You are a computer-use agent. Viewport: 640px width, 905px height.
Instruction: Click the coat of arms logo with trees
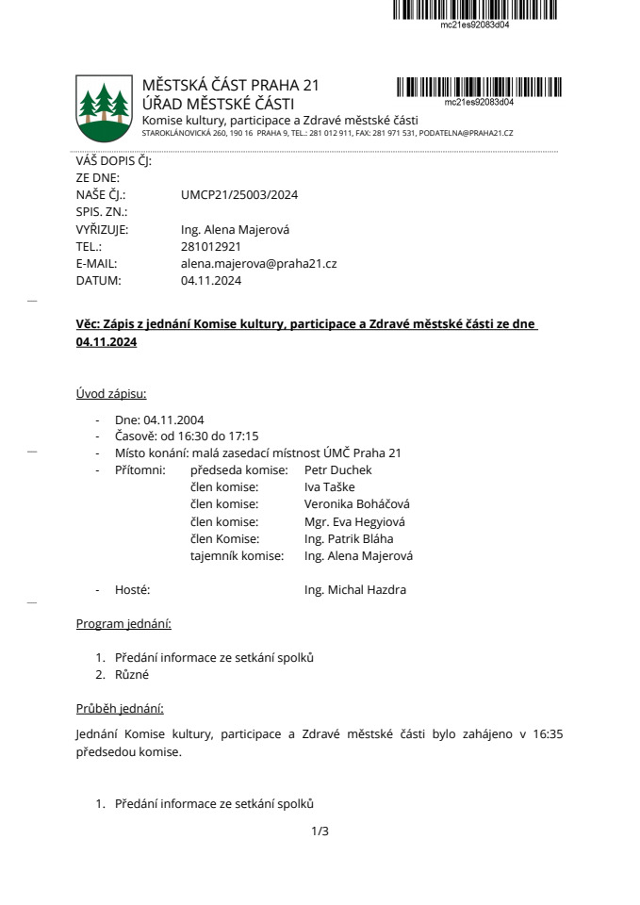(x=103, y=106)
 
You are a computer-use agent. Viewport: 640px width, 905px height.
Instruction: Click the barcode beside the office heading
(x=478, y=88)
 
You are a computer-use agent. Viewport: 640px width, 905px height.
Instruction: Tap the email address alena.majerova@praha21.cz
(x=258, y=263)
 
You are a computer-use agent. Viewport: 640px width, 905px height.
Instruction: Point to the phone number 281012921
(x=211, y=246)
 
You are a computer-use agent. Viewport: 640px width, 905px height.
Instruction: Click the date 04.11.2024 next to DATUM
(x=211, y=280)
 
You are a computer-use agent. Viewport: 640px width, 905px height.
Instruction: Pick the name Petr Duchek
(x=338, y=469)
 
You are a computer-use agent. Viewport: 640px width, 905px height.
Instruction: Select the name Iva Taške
(x=330, y=486)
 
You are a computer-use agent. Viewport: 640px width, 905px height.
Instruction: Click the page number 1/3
(x=320, y=831)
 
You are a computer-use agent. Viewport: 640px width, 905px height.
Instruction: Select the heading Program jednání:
(x=123, y=623)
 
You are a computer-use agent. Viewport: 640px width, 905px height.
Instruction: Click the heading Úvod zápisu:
(x=111, y=393)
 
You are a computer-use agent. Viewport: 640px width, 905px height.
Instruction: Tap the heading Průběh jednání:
(x=120, y=708)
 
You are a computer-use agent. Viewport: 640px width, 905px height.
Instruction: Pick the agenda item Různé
(x=132, y=675)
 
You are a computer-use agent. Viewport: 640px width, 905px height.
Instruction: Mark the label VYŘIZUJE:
(x=102, y=229)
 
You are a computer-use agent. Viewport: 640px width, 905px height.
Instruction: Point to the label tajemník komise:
(x=237, y=555)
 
